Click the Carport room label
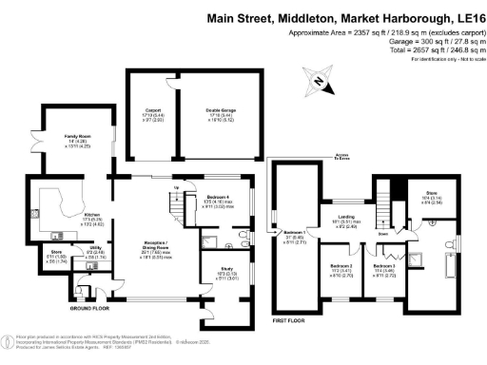click(152, 111)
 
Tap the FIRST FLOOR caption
click(294, 321)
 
